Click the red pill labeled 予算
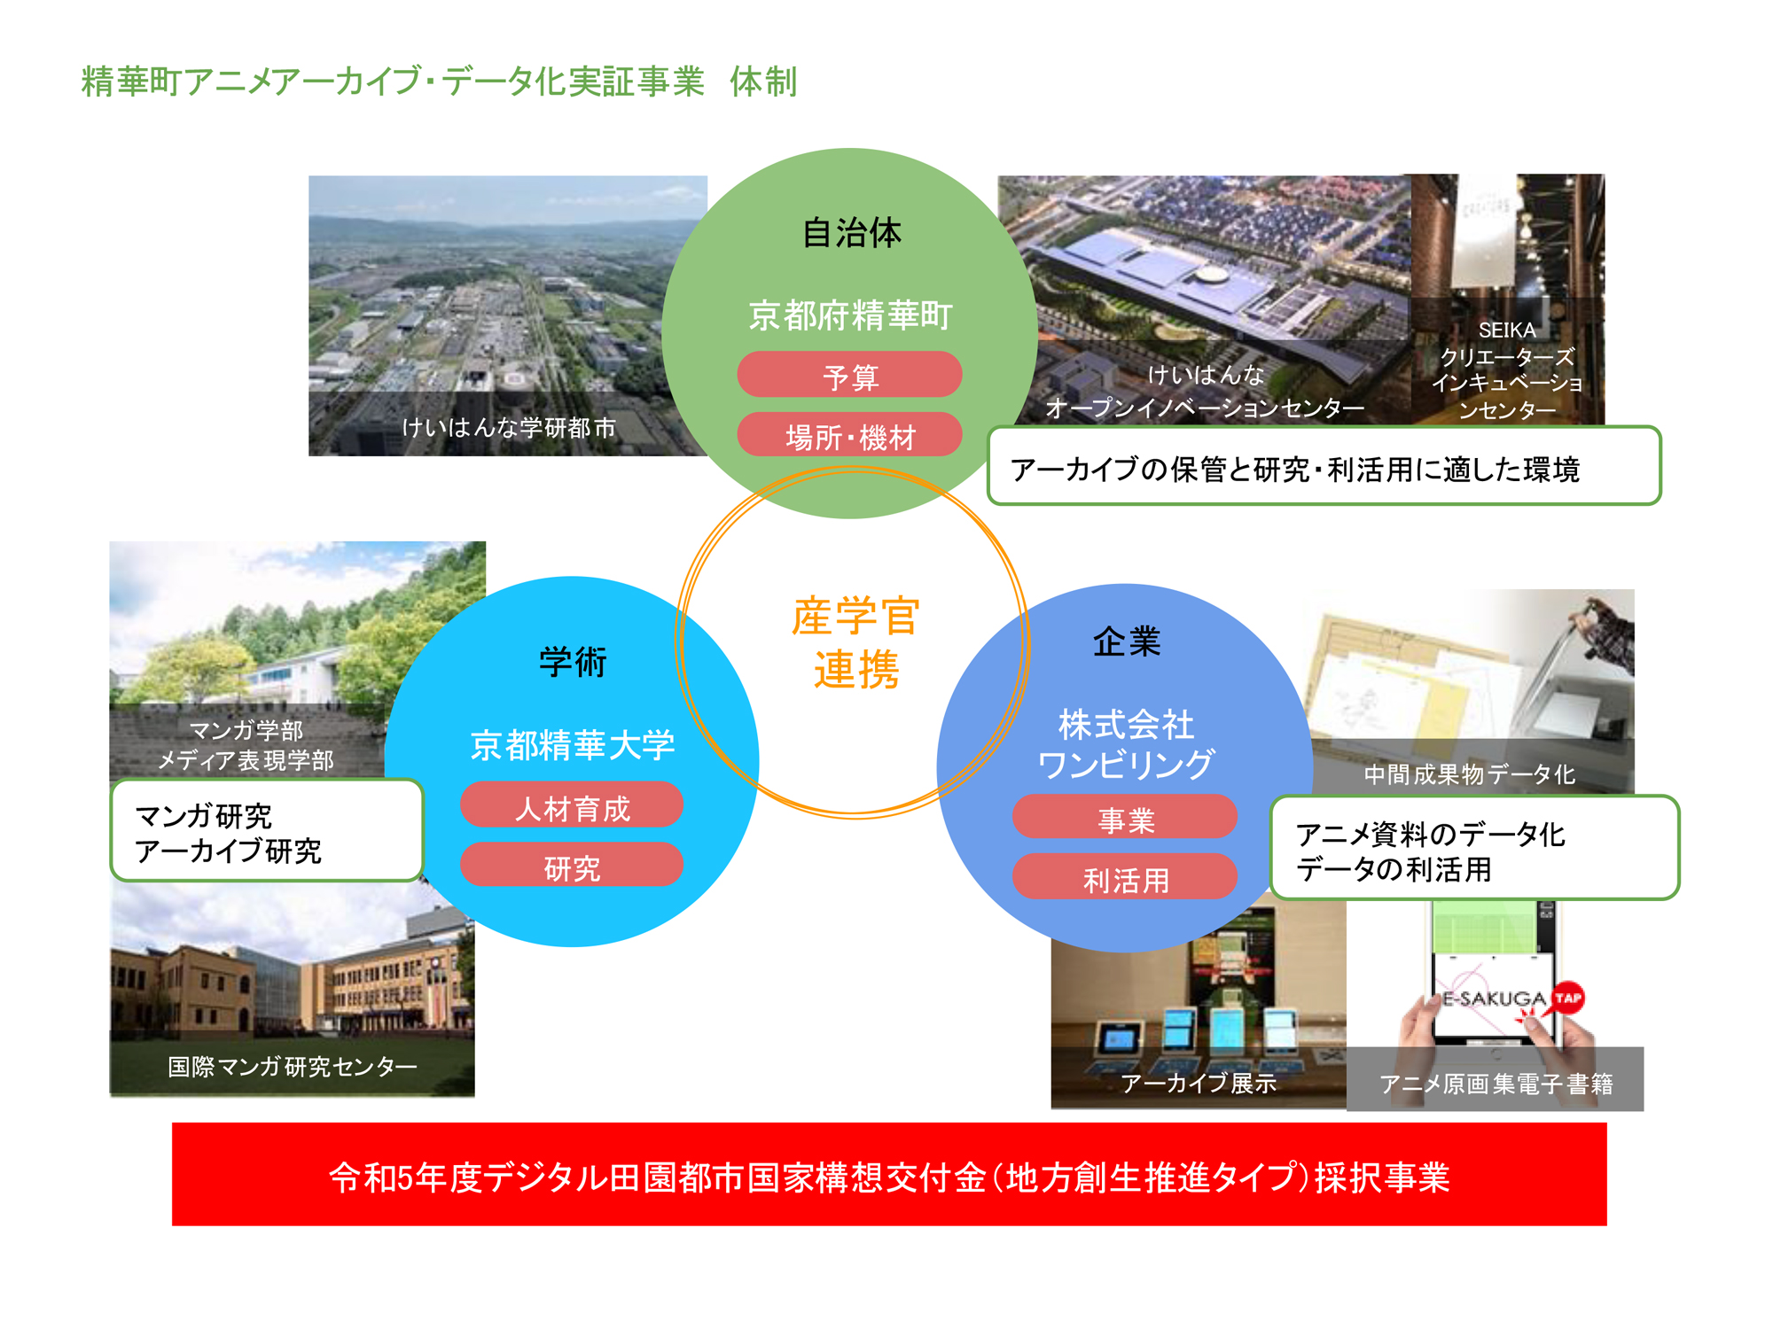pos(849,374)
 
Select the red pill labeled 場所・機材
pos(849,435)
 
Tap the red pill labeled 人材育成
pos(572,804)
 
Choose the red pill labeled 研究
pos(572,865)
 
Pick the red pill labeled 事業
pos(1125,817)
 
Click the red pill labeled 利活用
pos(1125,877)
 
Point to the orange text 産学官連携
pos(855,642)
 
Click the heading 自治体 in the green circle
pos(851,233)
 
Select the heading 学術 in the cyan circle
pos(573,662)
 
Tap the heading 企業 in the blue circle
pos(1127,641)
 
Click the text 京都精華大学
pos(573,745)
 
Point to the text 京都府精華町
pos(850,315)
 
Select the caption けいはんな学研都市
pos(509,428)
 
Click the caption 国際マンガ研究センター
pos(293,1066)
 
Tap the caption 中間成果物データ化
pos(1470,774)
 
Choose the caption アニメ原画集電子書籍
pos(1496,1084)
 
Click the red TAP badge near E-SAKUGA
pos(1568,998)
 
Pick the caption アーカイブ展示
pos(1199,1083)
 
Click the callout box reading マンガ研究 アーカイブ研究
pos(267,830)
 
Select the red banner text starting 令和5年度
pos(889,1177)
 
